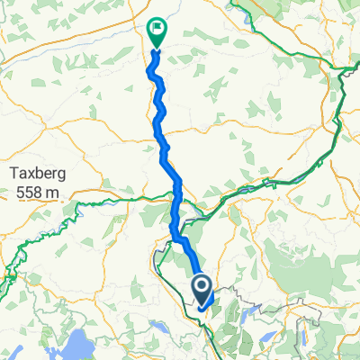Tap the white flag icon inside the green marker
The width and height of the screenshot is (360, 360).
point(156,29)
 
